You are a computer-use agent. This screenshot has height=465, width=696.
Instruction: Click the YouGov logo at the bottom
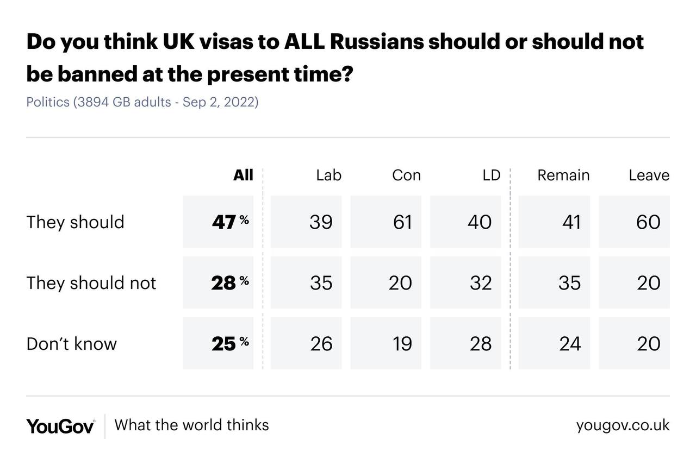pos(60,426)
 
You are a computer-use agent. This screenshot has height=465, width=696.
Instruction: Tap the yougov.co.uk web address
pos(623,425)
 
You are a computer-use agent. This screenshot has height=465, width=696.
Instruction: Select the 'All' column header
pos(243,175)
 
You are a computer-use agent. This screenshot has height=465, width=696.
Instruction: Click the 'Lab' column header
pos(328,175)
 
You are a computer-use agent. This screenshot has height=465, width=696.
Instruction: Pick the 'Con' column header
pos(406,175)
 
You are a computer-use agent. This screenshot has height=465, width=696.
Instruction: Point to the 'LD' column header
pos(491,175)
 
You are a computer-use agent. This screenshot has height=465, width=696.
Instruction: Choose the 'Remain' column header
pos(563,175)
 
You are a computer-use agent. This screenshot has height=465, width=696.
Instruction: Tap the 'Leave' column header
pos(649,175)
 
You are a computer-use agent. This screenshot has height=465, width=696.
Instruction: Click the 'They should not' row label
pos(91,283)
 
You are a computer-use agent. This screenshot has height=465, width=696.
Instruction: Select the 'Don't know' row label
pos(71,344)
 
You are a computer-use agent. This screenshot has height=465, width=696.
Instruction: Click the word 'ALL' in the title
pos(304,42)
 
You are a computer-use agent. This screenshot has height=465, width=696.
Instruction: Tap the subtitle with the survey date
pos(142,102)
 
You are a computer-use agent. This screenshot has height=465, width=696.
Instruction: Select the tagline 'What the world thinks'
pos(191,425)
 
